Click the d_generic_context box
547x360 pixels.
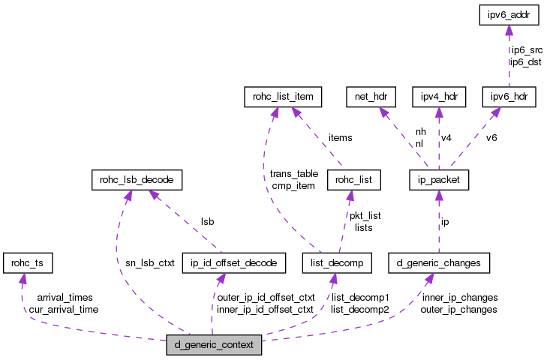pyautogui.click(x=215, y=346)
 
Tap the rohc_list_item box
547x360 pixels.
pyautogui.click(x=283, y=97)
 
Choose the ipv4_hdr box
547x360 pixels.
pyautogui.click(x=439, y=97)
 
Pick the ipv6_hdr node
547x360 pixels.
pyautogui.click(x=509, y=97)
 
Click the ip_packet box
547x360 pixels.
pyautogui.click(x=439, y=180)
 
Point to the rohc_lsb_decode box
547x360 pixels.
pyautogui.click(x=135, y=180)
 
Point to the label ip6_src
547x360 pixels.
pyautogui.click(x=526, y=50)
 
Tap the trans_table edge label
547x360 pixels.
pyautogui.click(x=294, y=174)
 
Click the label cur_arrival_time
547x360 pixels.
pyautogui.click(x=61, y=309)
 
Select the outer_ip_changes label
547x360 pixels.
pyautogui.click(x=458, y=309)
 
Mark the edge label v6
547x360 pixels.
pyautogui.click(x=491, y=138)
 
